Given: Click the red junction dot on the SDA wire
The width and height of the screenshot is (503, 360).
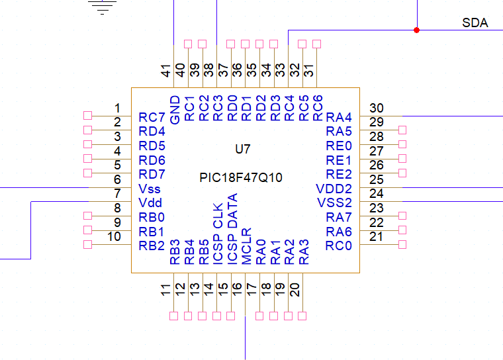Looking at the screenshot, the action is pos(416,30).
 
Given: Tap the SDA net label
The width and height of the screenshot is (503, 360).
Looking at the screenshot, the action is pos(475,22).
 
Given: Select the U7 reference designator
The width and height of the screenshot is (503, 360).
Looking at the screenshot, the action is pos(242,149).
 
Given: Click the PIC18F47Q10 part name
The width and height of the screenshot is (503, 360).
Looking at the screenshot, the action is pos(241,177).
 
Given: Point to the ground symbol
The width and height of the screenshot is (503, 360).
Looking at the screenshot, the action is pos(102,7).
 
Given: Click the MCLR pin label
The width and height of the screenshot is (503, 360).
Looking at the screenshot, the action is pos(246,246).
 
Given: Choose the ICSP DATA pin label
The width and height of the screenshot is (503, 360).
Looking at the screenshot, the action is pos(232,229).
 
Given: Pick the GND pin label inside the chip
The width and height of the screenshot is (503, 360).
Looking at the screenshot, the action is pos(175,110).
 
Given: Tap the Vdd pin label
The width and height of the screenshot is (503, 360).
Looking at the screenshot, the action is pos(150,202).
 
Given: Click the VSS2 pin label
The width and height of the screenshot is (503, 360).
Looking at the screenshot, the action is pos(334,202).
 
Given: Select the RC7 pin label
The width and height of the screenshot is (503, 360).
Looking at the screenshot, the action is pos(152,117).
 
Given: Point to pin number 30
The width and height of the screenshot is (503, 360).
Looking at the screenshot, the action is pos(377,108).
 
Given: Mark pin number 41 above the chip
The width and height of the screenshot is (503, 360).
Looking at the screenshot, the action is pos(165,71).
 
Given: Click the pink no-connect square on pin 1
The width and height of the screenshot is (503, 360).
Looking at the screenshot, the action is pos(87,116).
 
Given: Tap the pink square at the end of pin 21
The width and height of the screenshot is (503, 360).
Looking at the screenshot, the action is pos(402,244).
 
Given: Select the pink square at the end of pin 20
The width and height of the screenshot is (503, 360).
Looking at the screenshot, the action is pos(302,316).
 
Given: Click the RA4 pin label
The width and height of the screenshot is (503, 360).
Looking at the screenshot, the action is pos(339,117).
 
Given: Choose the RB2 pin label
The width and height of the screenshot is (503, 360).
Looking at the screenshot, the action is pos(152,246).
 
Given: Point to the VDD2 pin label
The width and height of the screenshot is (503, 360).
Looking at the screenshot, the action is pos(334,189).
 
